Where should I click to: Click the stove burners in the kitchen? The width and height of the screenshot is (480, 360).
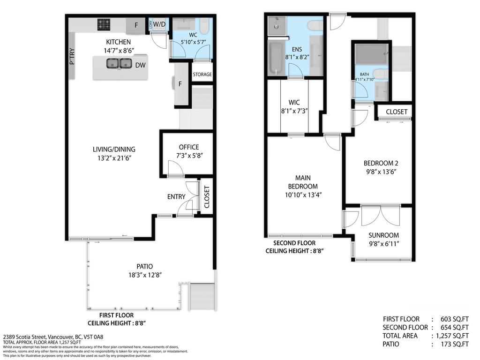(104, 24)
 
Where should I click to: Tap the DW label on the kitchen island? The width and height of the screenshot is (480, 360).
(140, 65)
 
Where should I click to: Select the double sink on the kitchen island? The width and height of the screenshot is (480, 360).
(119, 64)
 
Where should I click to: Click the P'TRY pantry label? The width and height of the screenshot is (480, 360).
(72, 56)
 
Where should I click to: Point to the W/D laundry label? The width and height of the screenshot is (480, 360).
(160, 24)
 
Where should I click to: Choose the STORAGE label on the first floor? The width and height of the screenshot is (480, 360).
(202, 75)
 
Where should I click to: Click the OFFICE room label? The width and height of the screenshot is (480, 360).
(189, 147)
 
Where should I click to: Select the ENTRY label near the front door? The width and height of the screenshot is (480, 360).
(176, 196)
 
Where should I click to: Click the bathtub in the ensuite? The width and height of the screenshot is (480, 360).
(277, 58)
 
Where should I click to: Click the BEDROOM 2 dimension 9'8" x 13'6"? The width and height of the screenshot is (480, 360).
(381, 172)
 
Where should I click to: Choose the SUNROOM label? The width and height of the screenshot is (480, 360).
(383, 235)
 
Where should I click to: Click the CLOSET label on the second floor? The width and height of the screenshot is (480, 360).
(397, 112)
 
